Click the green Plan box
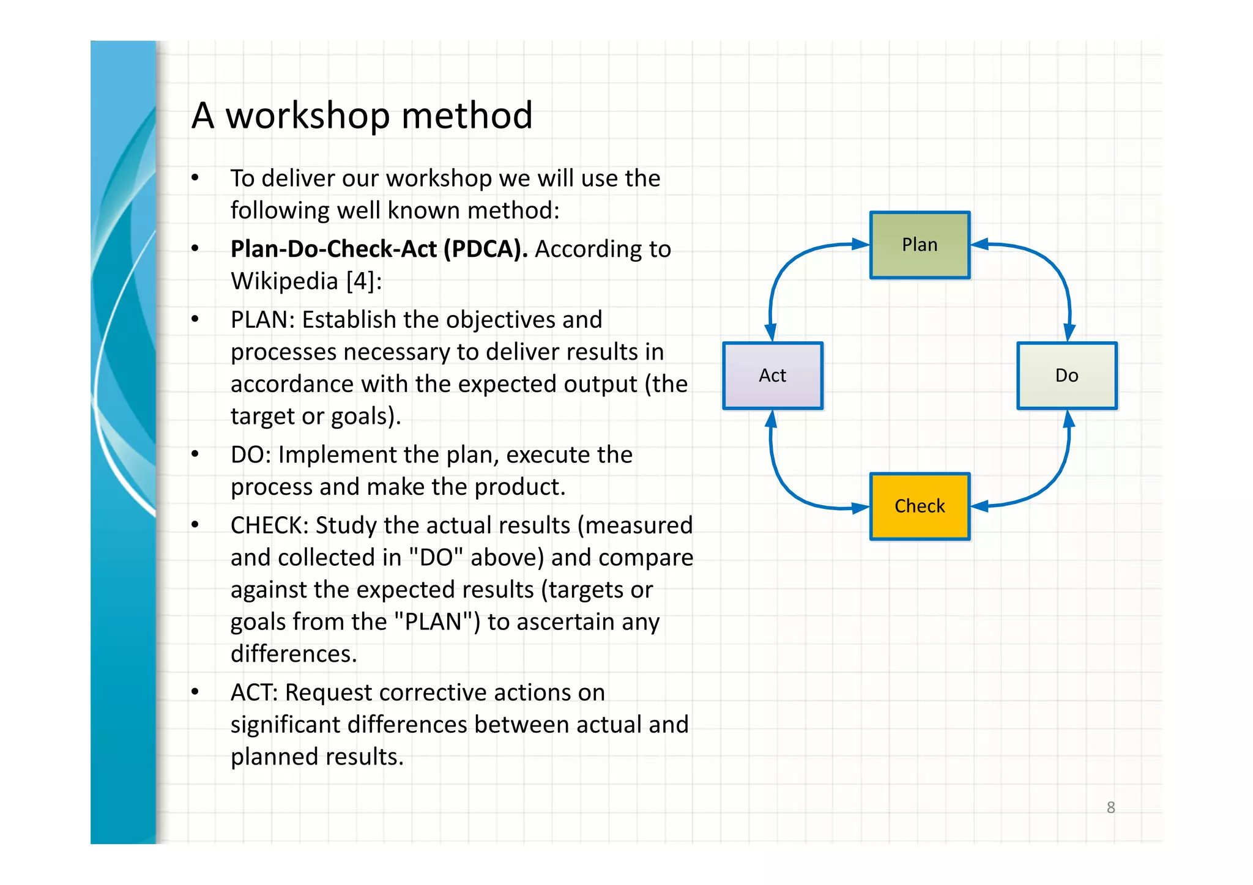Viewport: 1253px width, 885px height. [920, 245]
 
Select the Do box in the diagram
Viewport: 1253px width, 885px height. [1066, 376]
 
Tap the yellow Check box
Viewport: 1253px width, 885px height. [920, 506]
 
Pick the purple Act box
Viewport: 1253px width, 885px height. [773, 376]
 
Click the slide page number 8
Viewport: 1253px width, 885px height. [1110, 807]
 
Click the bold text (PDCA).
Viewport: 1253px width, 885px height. [485, 250]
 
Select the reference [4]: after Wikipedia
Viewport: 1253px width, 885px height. [364, 281]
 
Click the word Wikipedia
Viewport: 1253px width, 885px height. [284, 281]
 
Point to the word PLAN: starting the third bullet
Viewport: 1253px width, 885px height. [262, 320]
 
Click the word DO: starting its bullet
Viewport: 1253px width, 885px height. [250, 455]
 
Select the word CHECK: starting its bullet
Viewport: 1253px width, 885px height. [269, 525]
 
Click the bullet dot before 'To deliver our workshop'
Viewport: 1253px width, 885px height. [195, 179]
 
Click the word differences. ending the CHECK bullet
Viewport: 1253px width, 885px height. [294, 654]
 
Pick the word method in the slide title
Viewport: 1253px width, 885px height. [467, 116]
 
